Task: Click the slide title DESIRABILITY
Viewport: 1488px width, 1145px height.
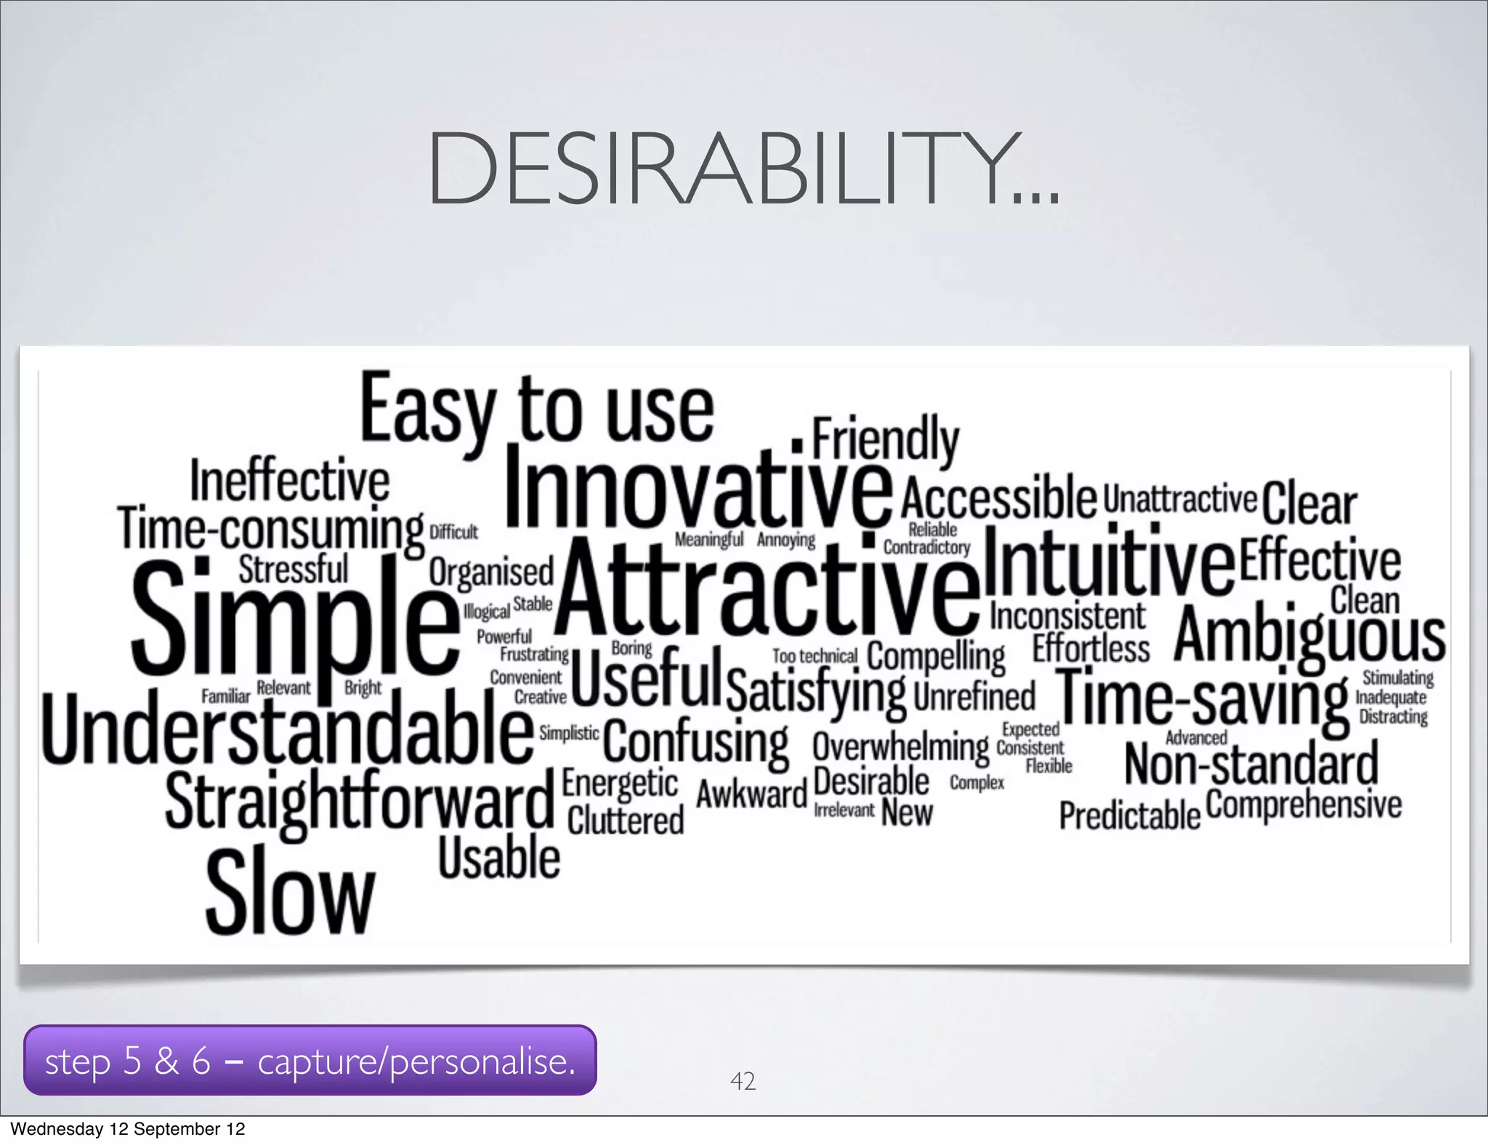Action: pos(743,170)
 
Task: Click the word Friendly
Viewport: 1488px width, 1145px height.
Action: pos(885,439)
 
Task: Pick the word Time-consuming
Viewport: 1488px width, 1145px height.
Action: pos(270,529)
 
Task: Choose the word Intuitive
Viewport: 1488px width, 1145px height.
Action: pos(1109,565)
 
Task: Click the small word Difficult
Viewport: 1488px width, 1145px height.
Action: pos(453,533)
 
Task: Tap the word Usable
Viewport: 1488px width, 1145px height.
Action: pos(499,858)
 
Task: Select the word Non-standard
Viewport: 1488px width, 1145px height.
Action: pos(1250,764)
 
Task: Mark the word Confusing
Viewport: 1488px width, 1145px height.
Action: pos(695,742)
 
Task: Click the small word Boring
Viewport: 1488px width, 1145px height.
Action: pos(631,647)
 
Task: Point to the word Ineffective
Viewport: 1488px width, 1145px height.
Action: pos(289,480)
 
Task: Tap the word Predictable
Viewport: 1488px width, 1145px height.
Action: pos(1129,815)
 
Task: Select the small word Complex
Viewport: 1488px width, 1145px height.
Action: pos(976,782)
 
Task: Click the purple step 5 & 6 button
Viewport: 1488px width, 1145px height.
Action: pos(310,1060)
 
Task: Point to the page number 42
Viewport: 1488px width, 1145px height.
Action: pos(743,1081)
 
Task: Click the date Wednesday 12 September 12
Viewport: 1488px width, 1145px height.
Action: pos(128,1128)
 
